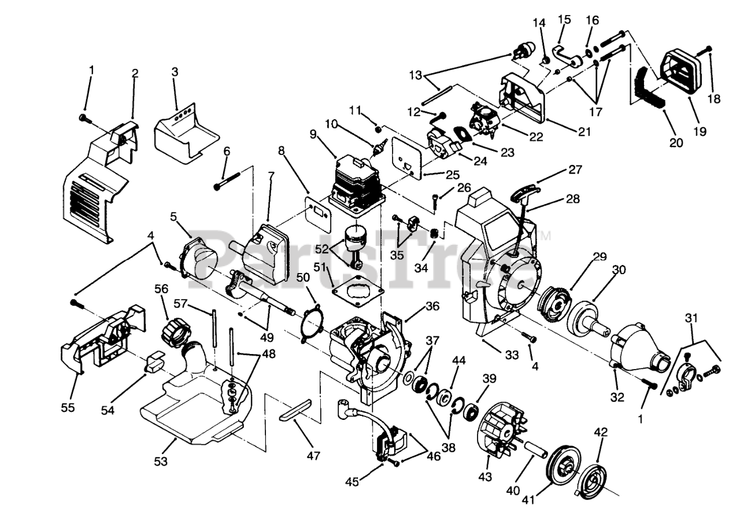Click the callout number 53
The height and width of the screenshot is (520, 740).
click(x=160, y=461)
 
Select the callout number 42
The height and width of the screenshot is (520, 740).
click(x=601, y=432)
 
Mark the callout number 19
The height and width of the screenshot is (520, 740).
click(x=700, y=131)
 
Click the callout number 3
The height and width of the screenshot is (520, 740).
click(x=175, y=72)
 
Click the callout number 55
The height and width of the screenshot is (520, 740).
click(x=68, y=407)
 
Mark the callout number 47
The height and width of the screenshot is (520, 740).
click(x=313, y=455)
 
